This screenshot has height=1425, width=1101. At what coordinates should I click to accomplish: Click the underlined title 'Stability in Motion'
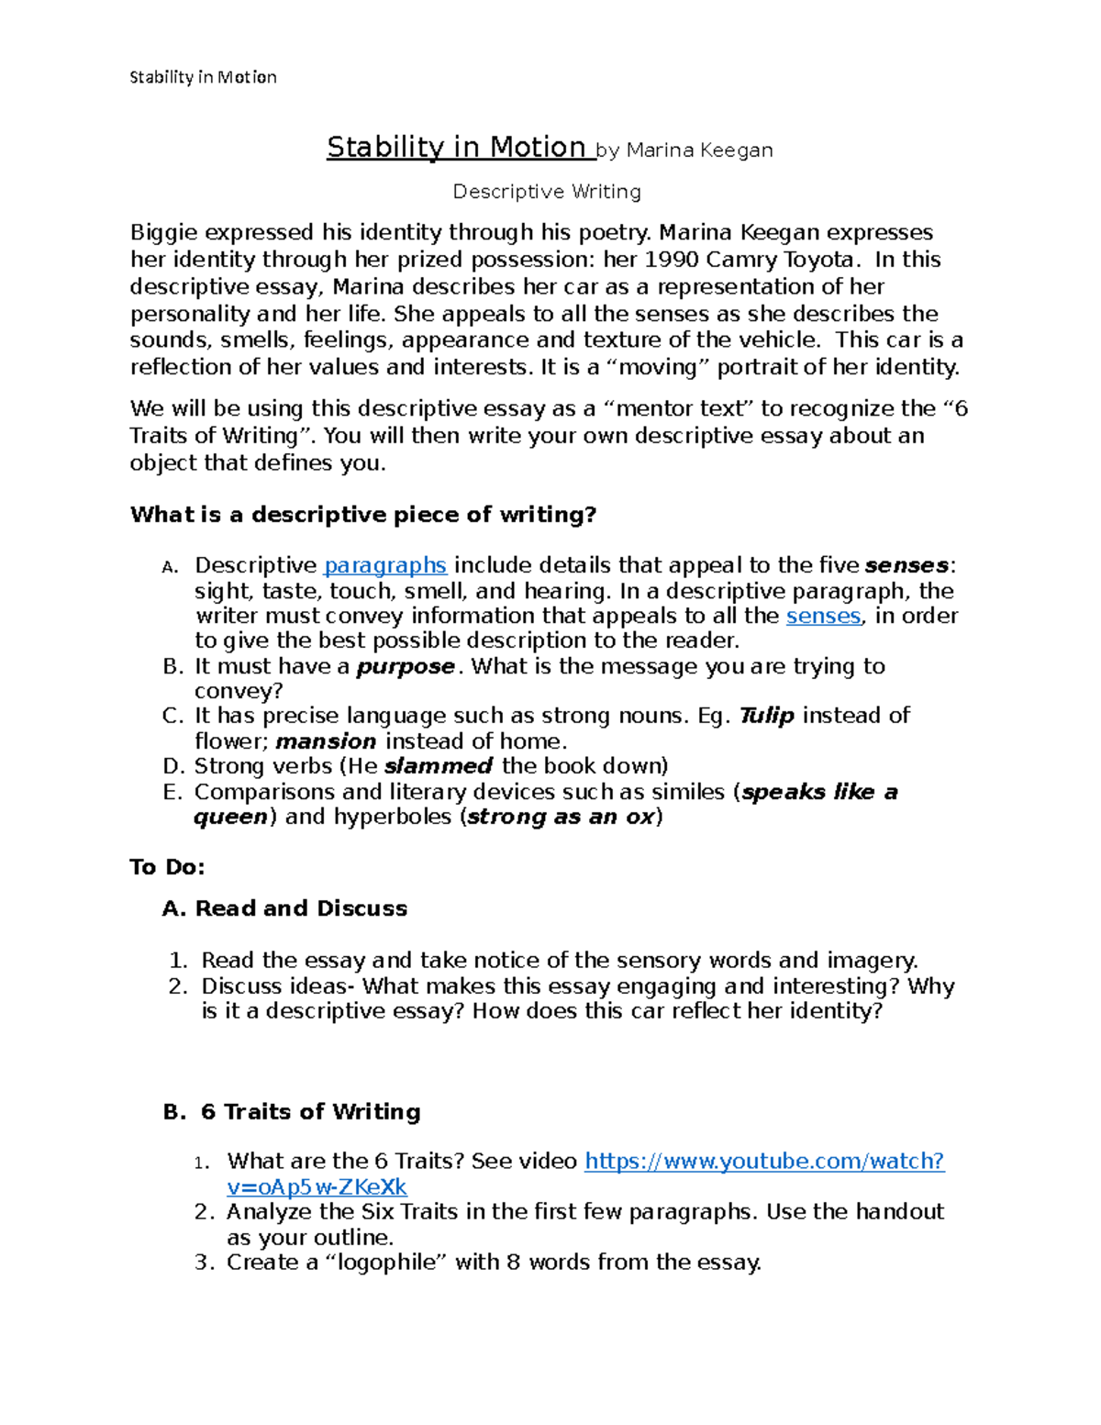click(456, 148)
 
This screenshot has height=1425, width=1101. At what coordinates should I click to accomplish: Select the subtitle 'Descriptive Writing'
click(547, 192)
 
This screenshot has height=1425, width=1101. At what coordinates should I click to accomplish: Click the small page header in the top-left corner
click(203, 77)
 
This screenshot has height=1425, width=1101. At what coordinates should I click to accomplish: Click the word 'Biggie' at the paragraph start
click(162, 233)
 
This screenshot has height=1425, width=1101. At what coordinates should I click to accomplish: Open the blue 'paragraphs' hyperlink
click(385, 565)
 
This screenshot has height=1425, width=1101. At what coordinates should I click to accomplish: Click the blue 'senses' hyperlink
click(823, 616)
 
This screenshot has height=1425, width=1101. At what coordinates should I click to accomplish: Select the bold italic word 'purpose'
click(405, 666)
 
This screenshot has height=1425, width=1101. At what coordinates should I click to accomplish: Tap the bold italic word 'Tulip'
click(766, 716)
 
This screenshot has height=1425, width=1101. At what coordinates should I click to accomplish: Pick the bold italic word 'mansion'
click(326, 741)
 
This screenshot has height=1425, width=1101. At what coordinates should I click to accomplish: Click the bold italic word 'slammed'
click(438, 766)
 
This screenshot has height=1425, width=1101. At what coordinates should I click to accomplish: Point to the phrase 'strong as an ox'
click(560, 817)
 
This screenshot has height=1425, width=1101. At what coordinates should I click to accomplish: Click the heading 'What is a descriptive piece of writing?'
click(363, 515)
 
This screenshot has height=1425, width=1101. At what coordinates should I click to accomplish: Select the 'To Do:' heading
click(167, 867)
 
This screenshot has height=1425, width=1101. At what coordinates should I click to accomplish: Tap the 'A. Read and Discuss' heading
click(284, 908)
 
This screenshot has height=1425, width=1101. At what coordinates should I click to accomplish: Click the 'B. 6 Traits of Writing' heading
click(292, 1112)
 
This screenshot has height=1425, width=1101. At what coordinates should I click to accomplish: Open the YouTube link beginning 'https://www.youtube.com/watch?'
click(764, 1162)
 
